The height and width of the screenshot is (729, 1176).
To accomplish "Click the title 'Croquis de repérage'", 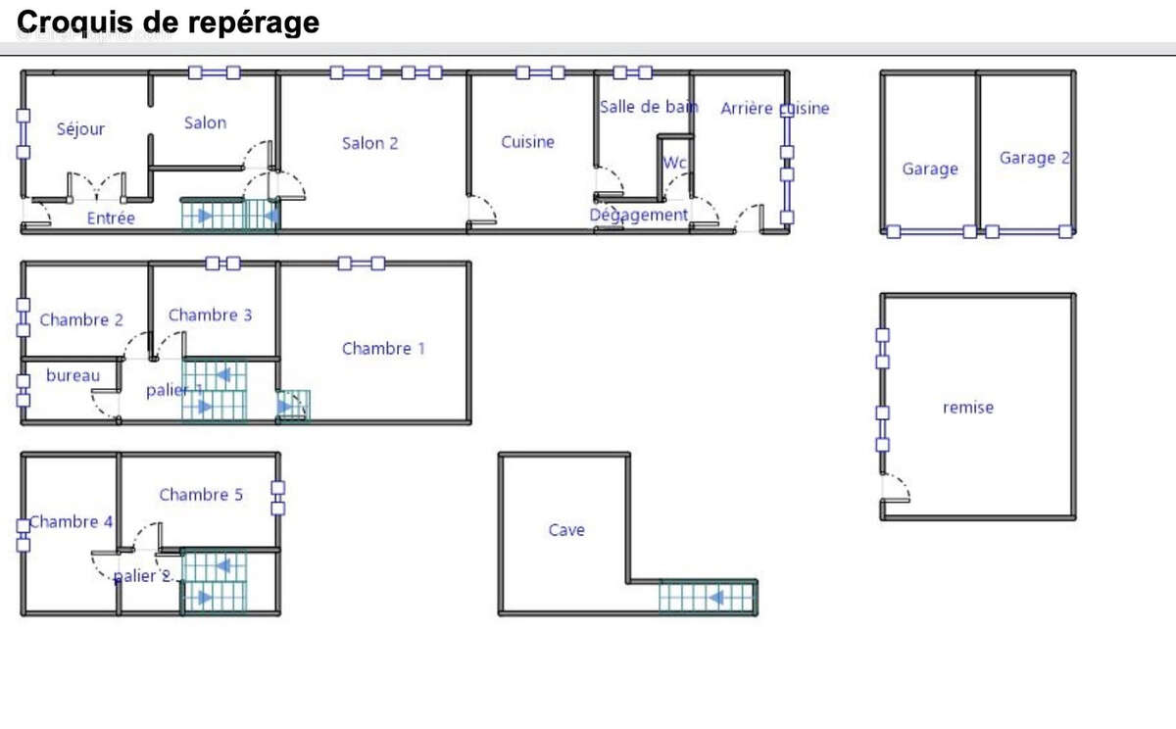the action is (168, 24).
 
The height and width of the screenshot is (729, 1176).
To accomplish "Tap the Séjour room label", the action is (80, 129).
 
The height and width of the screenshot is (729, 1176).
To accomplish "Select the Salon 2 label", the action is (370, 143).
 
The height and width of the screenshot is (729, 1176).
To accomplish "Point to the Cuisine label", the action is (527, 142).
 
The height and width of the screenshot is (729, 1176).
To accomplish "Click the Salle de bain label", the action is (649, 107).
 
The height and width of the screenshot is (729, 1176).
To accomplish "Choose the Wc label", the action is (674, 163).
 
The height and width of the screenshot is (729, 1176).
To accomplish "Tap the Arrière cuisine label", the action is (775, 109).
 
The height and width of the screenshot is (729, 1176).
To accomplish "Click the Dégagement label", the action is (638, 216).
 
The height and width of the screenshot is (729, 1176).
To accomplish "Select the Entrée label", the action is (111, 218).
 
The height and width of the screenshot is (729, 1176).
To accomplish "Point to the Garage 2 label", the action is (1035, 158).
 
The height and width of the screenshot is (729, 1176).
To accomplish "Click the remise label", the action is (968, 408).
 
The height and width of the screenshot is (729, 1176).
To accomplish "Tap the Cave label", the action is (566, 530).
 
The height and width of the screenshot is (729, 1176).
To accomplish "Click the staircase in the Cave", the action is (708, 598).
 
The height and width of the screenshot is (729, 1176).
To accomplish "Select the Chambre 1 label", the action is (383, 349).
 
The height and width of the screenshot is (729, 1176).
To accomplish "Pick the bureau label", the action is (73, 375).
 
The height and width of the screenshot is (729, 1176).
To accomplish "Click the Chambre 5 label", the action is (201, 495).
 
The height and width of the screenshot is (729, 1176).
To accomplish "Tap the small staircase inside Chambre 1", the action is (293, 406).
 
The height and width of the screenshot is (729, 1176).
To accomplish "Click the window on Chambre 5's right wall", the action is (278, 498).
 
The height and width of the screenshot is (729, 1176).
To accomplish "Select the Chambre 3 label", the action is (210, 315).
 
